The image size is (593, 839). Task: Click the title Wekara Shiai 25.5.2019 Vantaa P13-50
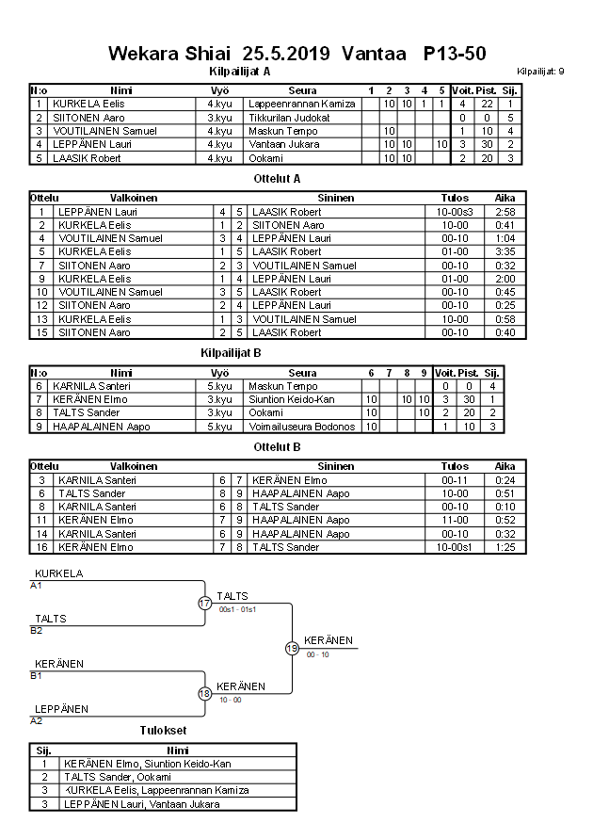296,54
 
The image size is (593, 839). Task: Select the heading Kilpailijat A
239,71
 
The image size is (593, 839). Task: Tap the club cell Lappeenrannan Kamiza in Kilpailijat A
301,104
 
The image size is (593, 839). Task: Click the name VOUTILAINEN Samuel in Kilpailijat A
104,131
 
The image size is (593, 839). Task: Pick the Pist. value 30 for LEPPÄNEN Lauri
487,144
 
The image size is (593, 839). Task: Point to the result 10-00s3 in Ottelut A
460,212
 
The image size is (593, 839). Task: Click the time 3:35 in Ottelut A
504,252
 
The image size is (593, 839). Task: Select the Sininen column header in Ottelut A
335,199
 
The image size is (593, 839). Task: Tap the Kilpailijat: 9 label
540,72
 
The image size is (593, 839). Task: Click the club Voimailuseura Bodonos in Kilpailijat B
302,427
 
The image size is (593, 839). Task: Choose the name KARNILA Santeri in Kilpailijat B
90,386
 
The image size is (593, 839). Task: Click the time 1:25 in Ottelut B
504,547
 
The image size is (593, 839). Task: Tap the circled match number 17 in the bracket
204,603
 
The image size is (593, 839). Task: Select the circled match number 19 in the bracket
292,648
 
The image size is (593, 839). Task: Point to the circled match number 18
204,693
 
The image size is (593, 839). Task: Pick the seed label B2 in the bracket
36,631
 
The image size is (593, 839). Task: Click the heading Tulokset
162,730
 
